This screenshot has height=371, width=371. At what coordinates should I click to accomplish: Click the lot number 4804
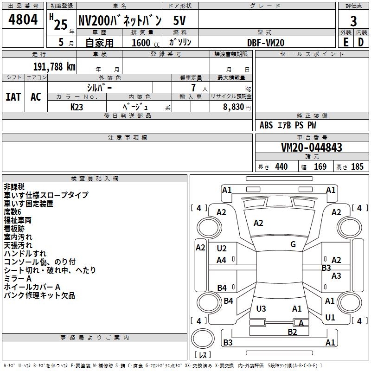click(x=23, y=19)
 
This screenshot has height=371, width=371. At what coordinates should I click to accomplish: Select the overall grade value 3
click(x=353, y=21)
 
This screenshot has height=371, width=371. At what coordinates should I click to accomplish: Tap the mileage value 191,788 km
click(x=54, y=67)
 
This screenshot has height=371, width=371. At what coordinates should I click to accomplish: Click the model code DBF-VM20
click(x=266, y=43)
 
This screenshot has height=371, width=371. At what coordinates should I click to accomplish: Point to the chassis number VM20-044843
click(x=312, y=147)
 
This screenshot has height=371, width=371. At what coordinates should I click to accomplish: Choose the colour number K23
click(x=77, y=107)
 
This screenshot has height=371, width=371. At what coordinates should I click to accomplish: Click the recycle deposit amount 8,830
click(x=234, y=107)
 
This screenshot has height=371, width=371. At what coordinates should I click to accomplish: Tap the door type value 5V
click(x=179, y=20)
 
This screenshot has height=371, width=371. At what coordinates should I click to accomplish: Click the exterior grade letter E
click(x=346, y=42)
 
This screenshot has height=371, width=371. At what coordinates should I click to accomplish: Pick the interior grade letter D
click(x=361, y=42)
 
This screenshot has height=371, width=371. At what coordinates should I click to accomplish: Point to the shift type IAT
click(x=13, y=97)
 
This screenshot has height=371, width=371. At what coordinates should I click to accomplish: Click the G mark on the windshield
click(x=293, y=244)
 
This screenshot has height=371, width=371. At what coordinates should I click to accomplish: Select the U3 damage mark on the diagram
click(x=261, y=308)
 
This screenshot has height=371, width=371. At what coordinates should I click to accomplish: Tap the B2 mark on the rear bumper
click(x=292, y=332)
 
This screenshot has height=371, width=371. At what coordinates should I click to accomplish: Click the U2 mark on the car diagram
click(x=222, y=249)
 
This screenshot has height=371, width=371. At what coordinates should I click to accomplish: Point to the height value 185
click(x=357, y=166)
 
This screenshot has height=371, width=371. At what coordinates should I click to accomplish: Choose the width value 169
click(x=320, y=166)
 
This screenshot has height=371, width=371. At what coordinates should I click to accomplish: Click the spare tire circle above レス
click(x=203, y=339)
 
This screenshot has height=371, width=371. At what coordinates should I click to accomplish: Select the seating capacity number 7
click(x=193, y=88)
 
